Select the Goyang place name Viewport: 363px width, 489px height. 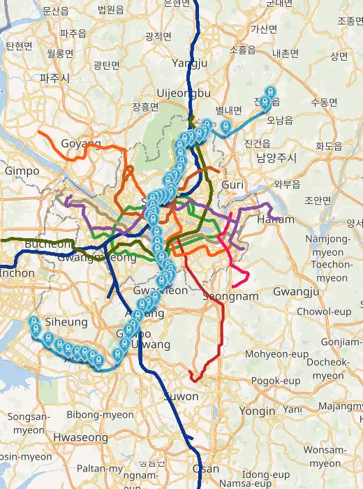click(x=81, y=143)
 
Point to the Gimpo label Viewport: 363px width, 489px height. click(x=22, y=170)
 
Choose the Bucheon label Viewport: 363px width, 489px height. click(x=48, y=244)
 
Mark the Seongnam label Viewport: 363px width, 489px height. click(x=230, y=296)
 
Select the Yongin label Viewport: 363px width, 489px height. click(x=258, y=411)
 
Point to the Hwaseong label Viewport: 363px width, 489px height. click(x=80, y=438)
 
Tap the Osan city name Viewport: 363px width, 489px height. click(x=205, y=469)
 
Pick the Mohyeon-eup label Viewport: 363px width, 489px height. click(x=276, y=354)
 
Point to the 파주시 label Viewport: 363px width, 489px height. click(x=54, y=78)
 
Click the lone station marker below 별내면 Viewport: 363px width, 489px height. click(x=225, y=126)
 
